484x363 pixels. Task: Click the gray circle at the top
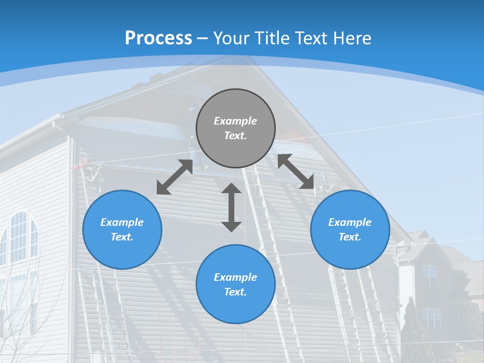pos(235,128)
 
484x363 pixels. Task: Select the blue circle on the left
pos(122,229)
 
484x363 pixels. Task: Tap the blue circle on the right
pos(350,229)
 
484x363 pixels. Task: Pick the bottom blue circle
pos(235,284)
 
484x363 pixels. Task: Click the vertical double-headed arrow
pos(231,207)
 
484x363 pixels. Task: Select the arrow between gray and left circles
pos(174,177)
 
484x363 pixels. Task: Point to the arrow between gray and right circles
pos(296,171)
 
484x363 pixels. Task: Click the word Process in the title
pos(158,38)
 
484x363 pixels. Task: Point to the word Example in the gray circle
pos(235,121)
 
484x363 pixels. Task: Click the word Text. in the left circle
pos(122,237)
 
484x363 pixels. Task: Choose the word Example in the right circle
pos(350,222)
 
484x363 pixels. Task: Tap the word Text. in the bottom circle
pos(235,292)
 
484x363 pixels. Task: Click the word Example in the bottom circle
pos(235,277)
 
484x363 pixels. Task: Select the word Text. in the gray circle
pos(235,136)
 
